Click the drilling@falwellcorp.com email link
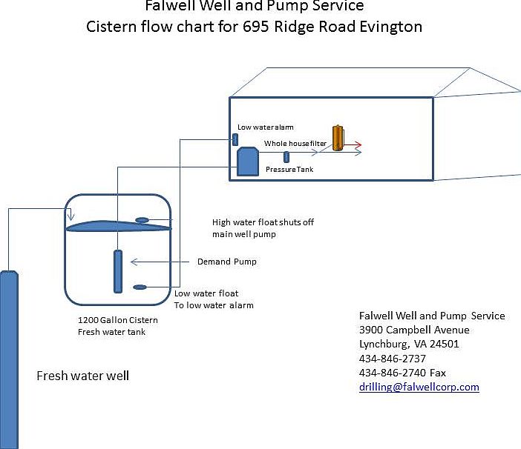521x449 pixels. point(419,387)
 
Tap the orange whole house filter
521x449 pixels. point(338,138)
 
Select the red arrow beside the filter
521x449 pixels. point(354,145)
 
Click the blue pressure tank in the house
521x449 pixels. point(246,161)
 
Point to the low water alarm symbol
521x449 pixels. point(235,139)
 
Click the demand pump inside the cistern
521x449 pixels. point(117,271)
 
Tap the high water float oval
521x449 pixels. point(142,219)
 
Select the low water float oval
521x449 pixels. point(139,287)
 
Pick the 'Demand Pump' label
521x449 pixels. point(226,262)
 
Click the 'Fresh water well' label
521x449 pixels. point(82,376)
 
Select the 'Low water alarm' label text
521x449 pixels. point(265,127)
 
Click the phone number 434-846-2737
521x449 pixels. point(392,358)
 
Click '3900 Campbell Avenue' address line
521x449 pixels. point(414,330)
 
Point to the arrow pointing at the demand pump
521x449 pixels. point(160,261)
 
